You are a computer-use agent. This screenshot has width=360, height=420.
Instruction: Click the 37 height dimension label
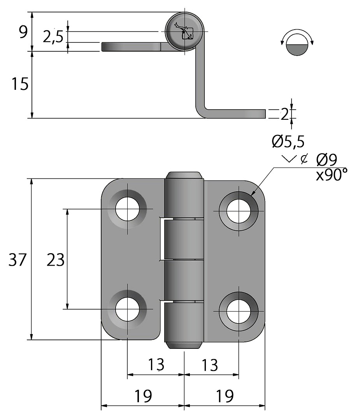[x=17, y=260]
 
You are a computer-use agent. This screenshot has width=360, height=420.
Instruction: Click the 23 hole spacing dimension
[x=55, y=260]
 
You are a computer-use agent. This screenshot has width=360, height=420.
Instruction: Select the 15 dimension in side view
[x=19, y=84]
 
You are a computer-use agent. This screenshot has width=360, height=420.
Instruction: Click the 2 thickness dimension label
[x=284, y=114]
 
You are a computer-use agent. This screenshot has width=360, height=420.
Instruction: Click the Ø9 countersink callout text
[x=327, y=159]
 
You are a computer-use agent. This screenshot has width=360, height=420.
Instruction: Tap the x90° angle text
[x=331, y=175]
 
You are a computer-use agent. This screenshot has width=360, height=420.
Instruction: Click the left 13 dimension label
[x=156, y=365]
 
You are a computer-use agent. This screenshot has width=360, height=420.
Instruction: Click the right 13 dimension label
[x=210, y=365]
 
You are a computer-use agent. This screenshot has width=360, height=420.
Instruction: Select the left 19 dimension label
[x=143, y=396]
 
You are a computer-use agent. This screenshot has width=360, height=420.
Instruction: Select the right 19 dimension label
[x=224, y=396]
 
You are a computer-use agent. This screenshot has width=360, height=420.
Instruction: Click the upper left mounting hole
[x=127, y=209]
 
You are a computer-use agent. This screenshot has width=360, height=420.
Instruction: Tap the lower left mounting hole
[x=127, y=309]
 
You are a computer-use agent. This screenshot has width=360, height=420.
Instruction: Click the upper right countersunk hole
[x=238, y=211]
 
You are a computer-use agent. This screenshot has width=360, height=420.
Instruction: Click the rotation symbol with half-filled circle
[x=297, y=43]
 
